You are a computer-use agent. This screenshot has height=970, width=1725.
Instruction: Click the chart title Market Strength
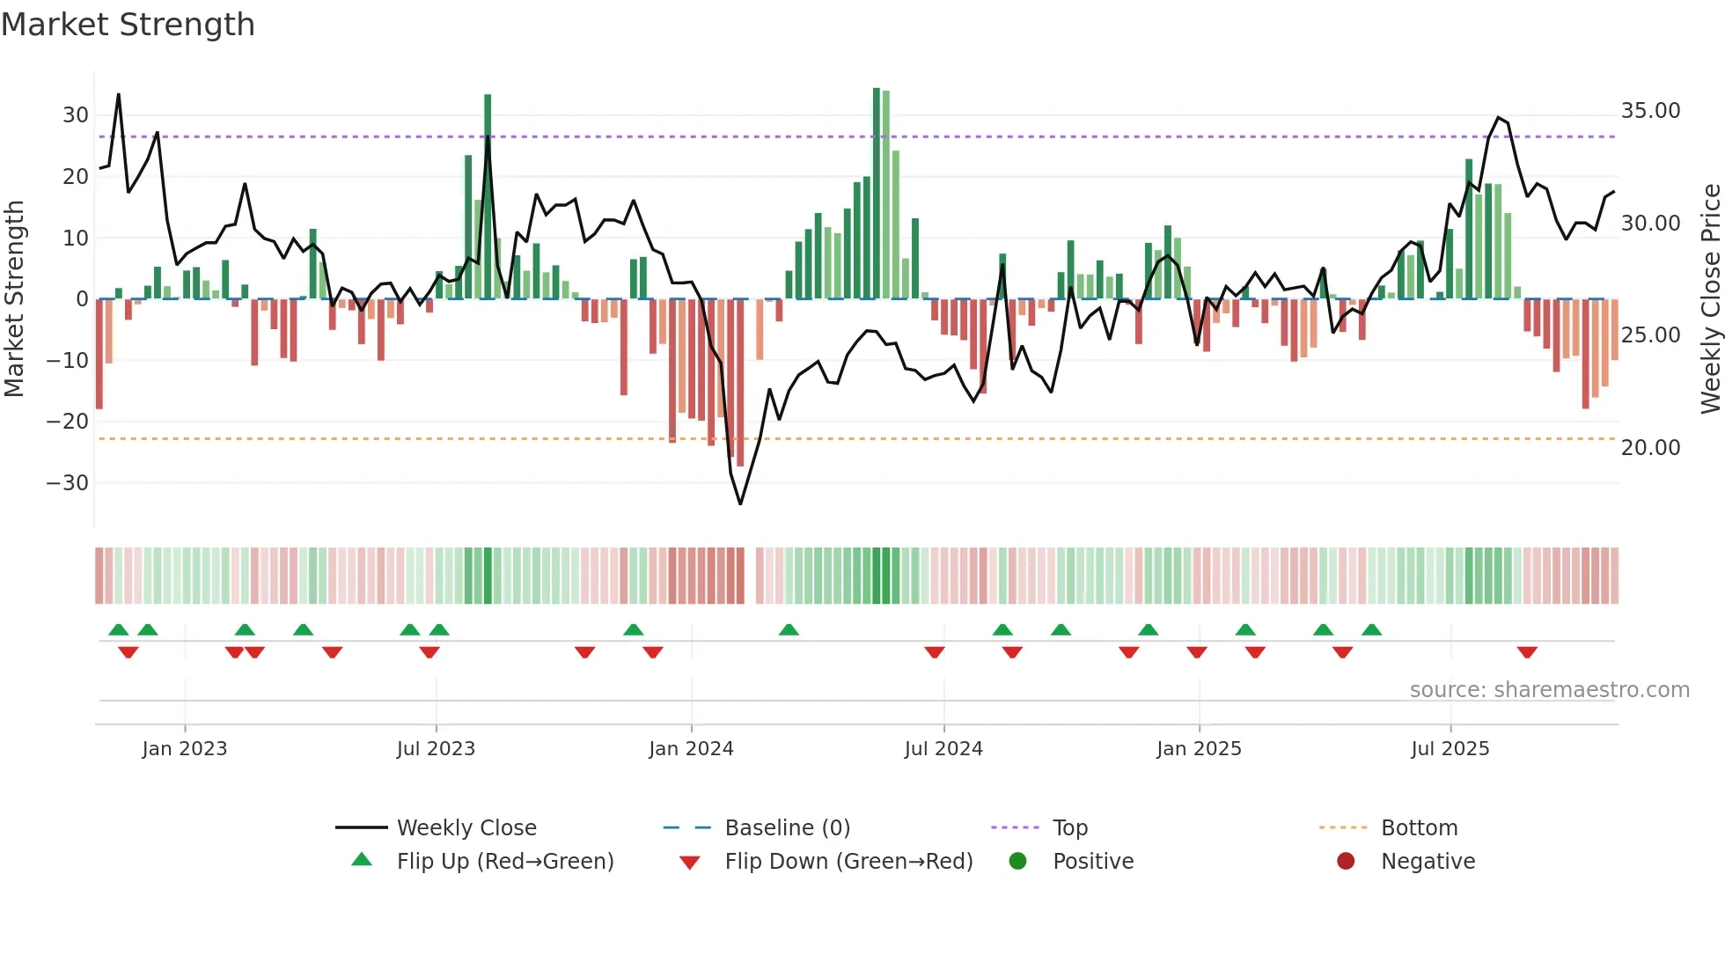tap(128, 25)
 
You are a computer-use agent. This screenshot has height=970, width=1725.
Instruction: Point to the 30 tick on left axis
tap(76, 115)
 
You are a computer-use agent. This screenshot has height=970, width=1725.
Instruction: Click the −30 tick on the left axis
tap(68, 483)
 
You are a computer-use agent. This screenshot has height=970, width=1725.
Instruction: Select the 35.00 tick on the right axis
tap(1650, 111)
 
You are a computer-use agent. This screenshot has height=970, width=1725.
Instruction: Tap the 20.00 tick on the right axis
tap(1650, 448)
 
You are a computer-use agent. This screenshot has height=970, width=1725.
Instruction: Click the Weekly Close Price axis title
tap(1710, 298)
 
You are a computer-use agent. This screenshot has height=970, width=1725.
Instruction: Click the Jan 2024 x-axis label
tap(691, 749)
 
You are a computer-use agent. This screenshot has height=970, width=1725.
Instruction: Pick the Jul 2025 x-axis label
tap(1450, 749)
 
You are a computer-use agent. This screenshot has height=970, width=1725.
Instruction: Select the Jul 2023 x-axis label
tap(436, 749)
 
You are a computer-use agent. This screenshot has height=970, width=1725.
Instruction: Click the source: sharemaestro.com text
tap(1549, 690)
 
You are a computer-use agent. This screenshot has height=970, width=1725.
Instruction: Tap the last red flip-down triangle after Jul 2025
tap(1527, 652)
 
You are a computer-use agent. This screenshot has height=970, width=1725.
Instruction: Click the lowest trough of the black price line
tap(740, 503)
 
